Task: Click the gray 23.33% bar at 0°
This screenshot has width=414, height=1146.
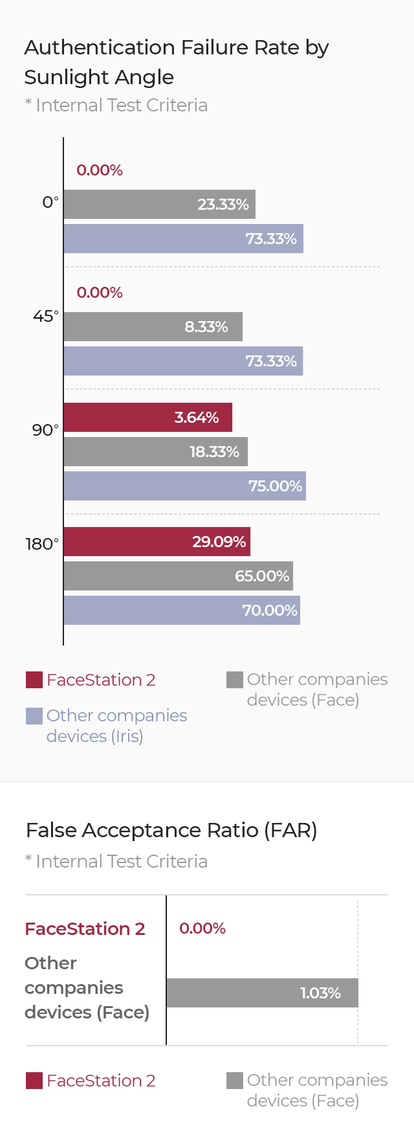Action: [x=159, y=204]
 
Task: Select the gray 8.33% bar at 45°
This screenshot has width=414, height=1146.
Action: [x=153, y=326]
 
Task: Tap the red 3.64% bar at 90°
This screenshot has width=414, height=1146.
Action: [x=147, y=417]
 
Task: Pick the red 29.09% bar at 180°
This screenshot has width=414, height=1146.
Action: [x=157, y=541]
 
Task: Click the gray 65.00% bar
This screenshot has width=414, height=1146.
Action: [x=178, y=576]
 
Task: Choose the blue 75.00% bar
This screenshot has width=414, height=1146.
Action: [x=184, y=486]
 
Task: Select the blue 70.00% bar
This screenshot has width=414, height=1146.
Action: [x=182, y=610]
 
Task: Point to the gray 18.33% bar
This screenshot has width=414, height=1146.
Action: [x=155, y=451]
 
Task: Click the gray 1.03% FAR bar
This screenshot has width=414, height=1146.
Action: [x=262, y=993]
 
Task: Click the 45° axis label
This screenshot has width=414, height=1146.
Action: [x=45, y=317]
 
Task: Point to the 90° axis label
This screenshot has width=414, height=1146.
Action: [x=45, y=431]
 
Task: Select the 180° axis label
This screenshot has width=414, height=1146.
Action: [x=42, y=545]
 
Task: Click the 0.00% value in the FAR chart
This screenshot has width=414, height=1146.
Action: [x=202, y=928]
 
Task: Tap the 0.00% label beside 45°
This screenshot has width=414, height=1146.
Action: [x=100, y=293]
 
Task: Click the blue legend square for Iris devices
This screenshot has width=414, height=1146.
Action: [x=34, y=716]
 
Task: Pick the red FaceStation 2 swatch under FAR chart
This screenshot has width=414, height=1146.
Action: [x=34, y=1081]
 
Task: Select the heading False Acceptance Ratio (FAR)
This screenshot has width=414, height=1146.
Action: [x=171, y=830]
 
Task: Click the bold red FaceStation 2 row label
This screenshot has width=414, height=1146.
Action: [x=85, y=929]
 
